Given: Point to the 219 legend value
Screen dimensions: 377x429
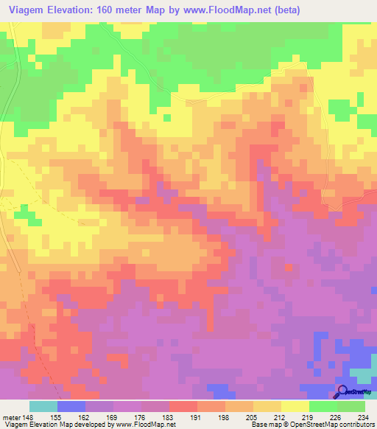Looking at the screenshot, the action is click(x=307, y=416).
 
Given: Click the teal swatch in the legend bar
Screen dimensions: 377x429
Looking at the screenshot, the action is click(x=43, y=406).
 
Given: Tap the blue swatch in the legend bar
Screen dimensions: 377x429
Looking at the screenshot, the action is click(x=71, y=406).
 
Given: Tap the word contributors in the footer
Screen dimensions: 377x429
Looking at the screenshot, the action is click(x=354, y=425).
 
